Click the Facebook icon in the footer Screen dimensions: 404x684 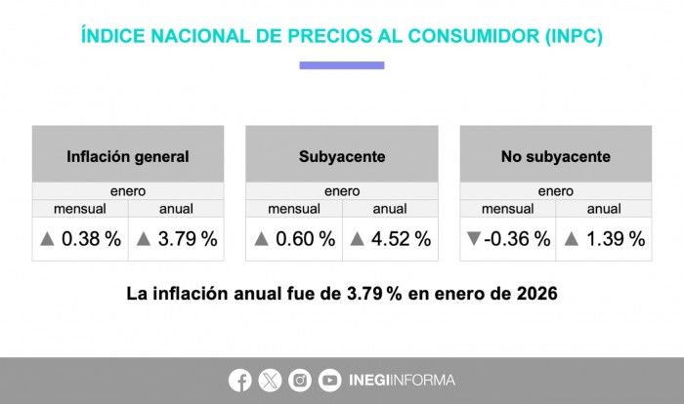point(240,380)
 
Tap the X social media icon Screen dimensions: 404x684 point(271,380)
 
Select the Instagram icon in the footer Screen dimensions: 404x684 point(300,380)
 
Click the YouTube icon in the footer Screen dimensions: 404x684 point(330,380)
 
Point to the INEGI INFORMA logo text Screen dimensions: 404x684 point(402,380)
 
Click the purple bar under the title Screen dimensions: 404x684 point(342,65)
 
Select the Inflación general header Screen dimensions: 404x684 point(128,155)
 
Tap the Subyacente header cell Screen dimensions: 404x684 point(342,155)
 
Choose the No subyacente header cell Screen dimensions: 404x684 point(555,155)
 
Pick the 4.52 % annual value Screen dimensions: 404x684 point(399,239)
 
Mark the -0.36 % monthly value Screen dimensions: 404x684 point(518,239)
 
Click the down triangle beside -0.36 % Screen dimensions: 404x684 point(475,239)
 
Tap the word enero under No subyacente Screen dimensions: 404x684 point(555,191)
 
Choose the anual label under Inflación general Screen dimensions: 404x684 point(176,208)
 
